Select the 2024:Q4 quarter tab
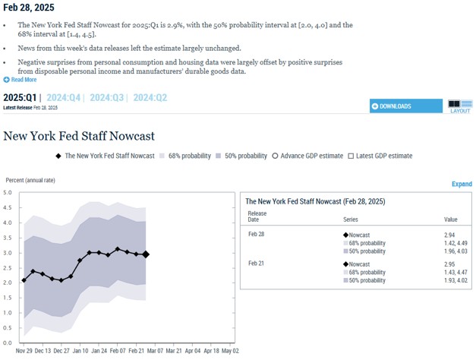[65, 97]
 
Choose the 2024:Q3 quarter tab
[108, 97]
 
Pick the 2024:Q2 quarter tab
[150, 97]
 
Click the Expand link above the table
[462, 185]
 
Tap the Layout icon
[459, 106]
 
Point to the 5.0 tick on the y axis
[8, 193]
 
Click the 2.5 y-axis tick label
[8, 267]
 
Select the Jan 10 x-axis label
[80, 351]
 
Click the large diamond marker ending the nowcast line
[146, 255]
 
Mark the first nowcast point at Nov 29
[24, 280]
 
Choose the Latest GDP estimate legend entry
[380, 156]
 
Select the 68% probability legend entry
[185, 156]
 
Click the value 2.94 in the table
[450, 235]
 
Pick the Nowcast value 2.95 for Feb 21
[450, 264]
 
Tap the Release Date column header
[257, 216]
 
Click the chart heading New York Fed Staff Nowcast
[79, 136]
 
